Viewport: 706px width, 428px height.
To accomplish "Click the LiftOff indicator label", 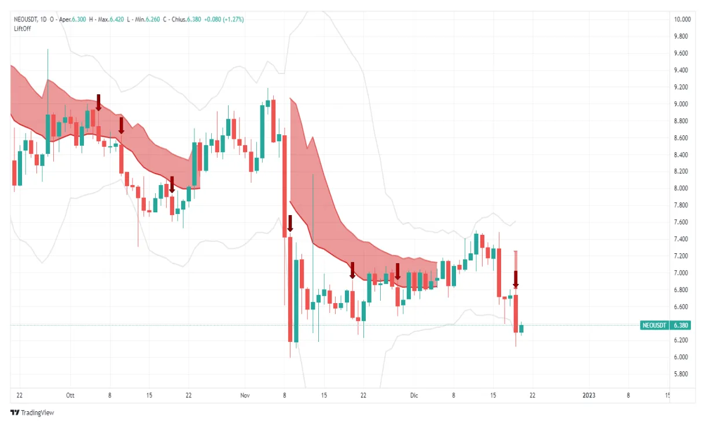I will pos(23,28).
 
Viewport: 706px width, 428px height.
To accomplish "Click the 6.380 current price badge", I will pos(681,326).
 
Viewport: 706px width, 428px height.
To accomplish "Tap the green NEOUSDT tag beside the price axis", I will pos(654,326).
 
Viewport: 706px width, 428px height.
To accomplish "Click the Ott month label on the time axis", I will pos(71,396).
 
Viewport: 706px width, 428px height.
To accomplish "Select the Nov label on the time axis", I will pos(245,396).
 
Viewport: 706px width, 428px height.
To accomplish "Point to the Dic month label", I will pos(414,396).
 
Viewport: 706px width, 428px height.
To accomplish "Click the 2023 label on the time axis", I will pos(589,396).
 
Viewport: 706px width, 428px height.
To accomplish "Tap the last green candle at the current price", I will pos(521,329).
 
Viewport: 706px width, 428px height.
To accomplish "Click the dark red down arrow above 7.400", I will pos(290,224).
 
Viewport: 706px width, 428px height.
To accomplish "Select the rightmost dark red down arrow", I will pos(516,279).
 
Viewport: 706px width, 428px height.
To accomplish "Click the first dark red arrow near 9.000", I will pos(98,102).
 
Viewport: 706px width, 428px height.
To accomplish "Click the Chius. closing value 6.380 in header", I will pos(195,19).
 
